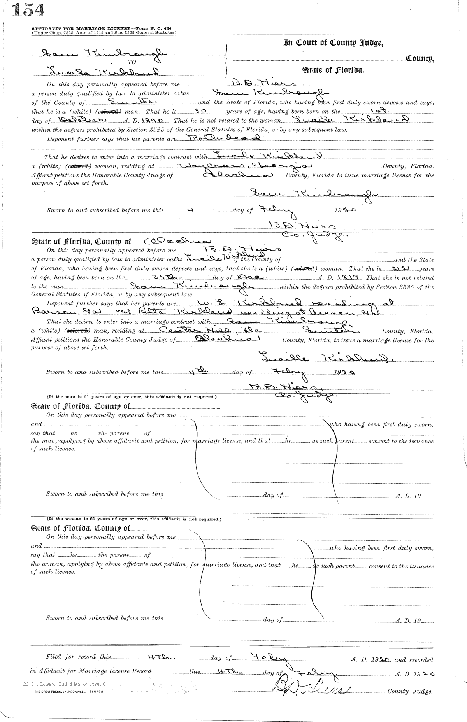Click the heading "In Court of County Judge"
pyautogui.click(x=334, y=43)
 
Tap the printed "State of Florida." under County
pyautogui.click(x=333, y=70)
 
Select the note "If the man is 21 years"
pyautogui.click(x=132, y=398)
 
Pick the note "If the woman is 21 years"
pyautogui.click(x=133, y=519)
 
